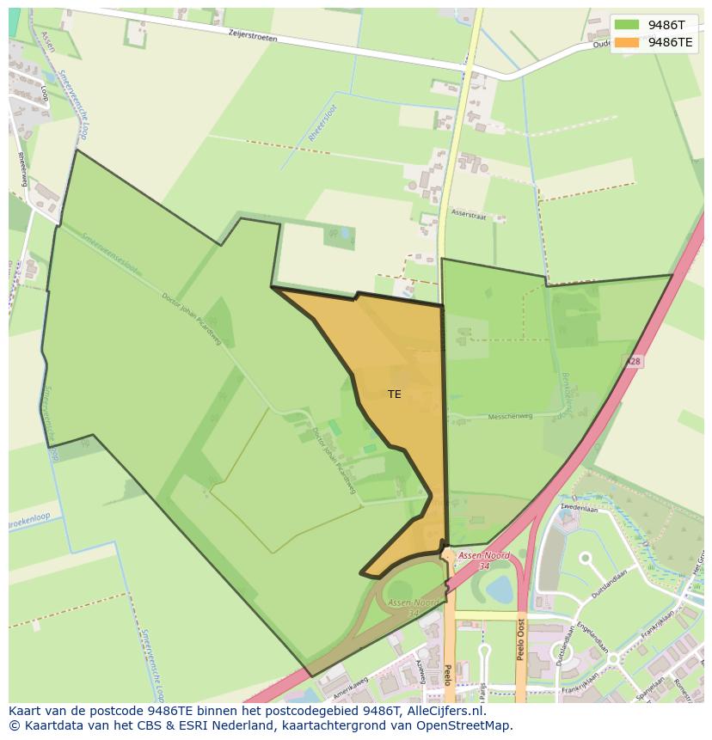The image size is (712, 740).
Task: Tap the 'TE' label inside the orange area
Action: (394, 394)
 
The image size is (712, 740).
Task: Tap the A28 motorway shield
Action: (633, 363)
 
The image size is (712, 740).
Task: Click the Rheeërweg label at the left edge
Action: (19, 168)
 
